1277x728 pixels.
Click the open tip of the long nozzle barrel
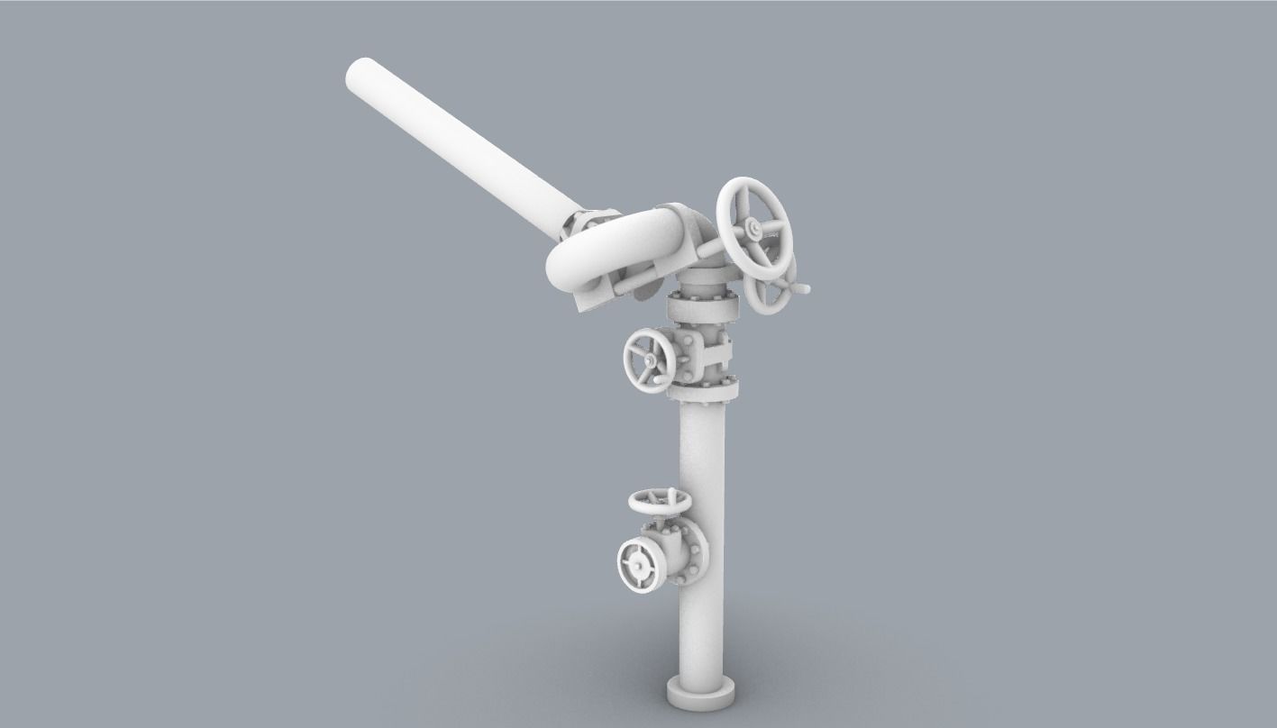(361, 73)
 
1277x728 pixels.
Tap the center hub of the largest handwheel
(753, 230)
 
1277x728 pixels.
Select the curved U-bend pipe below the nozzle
(613, 248)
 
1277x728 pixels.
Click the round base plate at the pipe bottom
(700, 692)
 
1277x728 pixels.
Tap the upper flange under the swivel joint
(703, 306)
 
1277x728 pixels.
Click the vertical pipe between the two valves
(702, 450)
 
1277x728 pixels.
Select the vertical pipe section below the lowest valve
(702, 631)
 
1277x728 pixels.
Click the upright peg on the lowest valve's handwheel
(671, 492)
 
